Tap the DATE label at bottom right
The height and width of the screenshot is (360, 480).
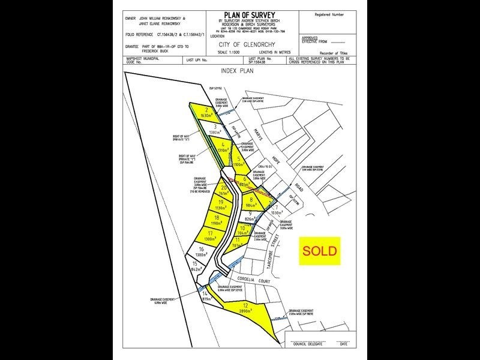point(343,343)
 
